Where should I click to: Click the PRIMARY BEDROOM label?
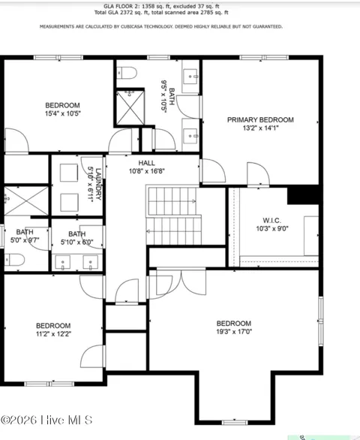click(x=260, y=120)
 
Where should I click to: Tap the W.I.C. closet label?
click(x=271, y=220)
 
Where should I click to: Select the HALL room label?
click(x=146, y=163)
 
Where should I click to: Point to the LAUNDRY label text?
click(x=98, y=184)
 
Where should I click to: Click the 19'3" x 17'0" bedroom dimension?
click(x=234, y=332)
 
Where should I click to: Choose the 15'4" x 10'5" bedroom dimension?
click(x=62, y=113)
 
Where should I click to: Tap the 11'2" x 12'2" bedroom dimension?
click(x=53, y=334)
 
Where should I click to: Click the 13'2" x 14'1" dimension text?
click(x=260, y=128)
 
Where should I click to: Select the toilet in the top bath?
click(x=127, y=73)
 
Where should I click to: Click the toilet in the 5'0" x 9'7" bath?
click(x=14, y=260)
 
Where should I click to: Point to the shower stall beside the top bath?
click(x=130, y=107)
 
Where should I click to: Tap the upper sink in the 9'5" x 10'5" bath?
click(x=191, y=77)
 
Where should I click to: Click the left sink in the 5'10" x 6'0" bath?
click(x=62, y=262)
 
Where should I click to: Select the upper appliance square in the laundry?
click(x=69, y=173)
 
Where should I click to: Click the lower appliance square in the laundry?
click(x=69, y=202)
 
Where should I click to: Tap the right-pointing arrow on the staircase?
click(x=193, y=201)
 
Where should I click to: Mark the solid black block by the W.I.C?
click(x=303, y=195)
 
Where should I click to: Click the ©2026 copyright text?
click(x=19, y=420)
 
